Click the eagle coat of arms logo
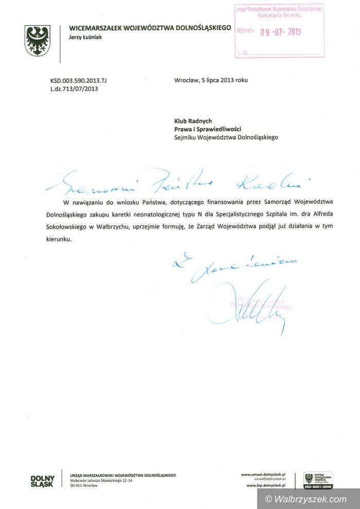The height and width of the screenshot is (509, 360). click(x=37, y=41)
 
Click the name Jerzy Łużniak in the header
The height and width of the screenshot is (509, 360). click(x=85, y=37)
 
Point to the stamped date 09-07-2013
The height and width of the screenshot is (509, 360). click(x=280, y=32)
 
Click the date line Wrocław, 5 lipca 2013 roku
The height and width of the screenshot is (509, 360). click(x=211, y=80)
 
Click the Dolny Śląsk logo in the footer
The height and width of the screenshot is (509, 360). click(x=42, y=482)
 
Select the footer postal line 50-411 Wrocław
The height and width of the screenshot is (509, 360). click(x=83, y=485)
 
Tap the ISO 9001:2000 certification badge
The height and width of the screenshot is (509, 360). click(x=318, y=480)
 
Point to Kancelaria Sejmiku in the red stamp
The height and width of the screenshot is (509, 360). click(x=279, y=16)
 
